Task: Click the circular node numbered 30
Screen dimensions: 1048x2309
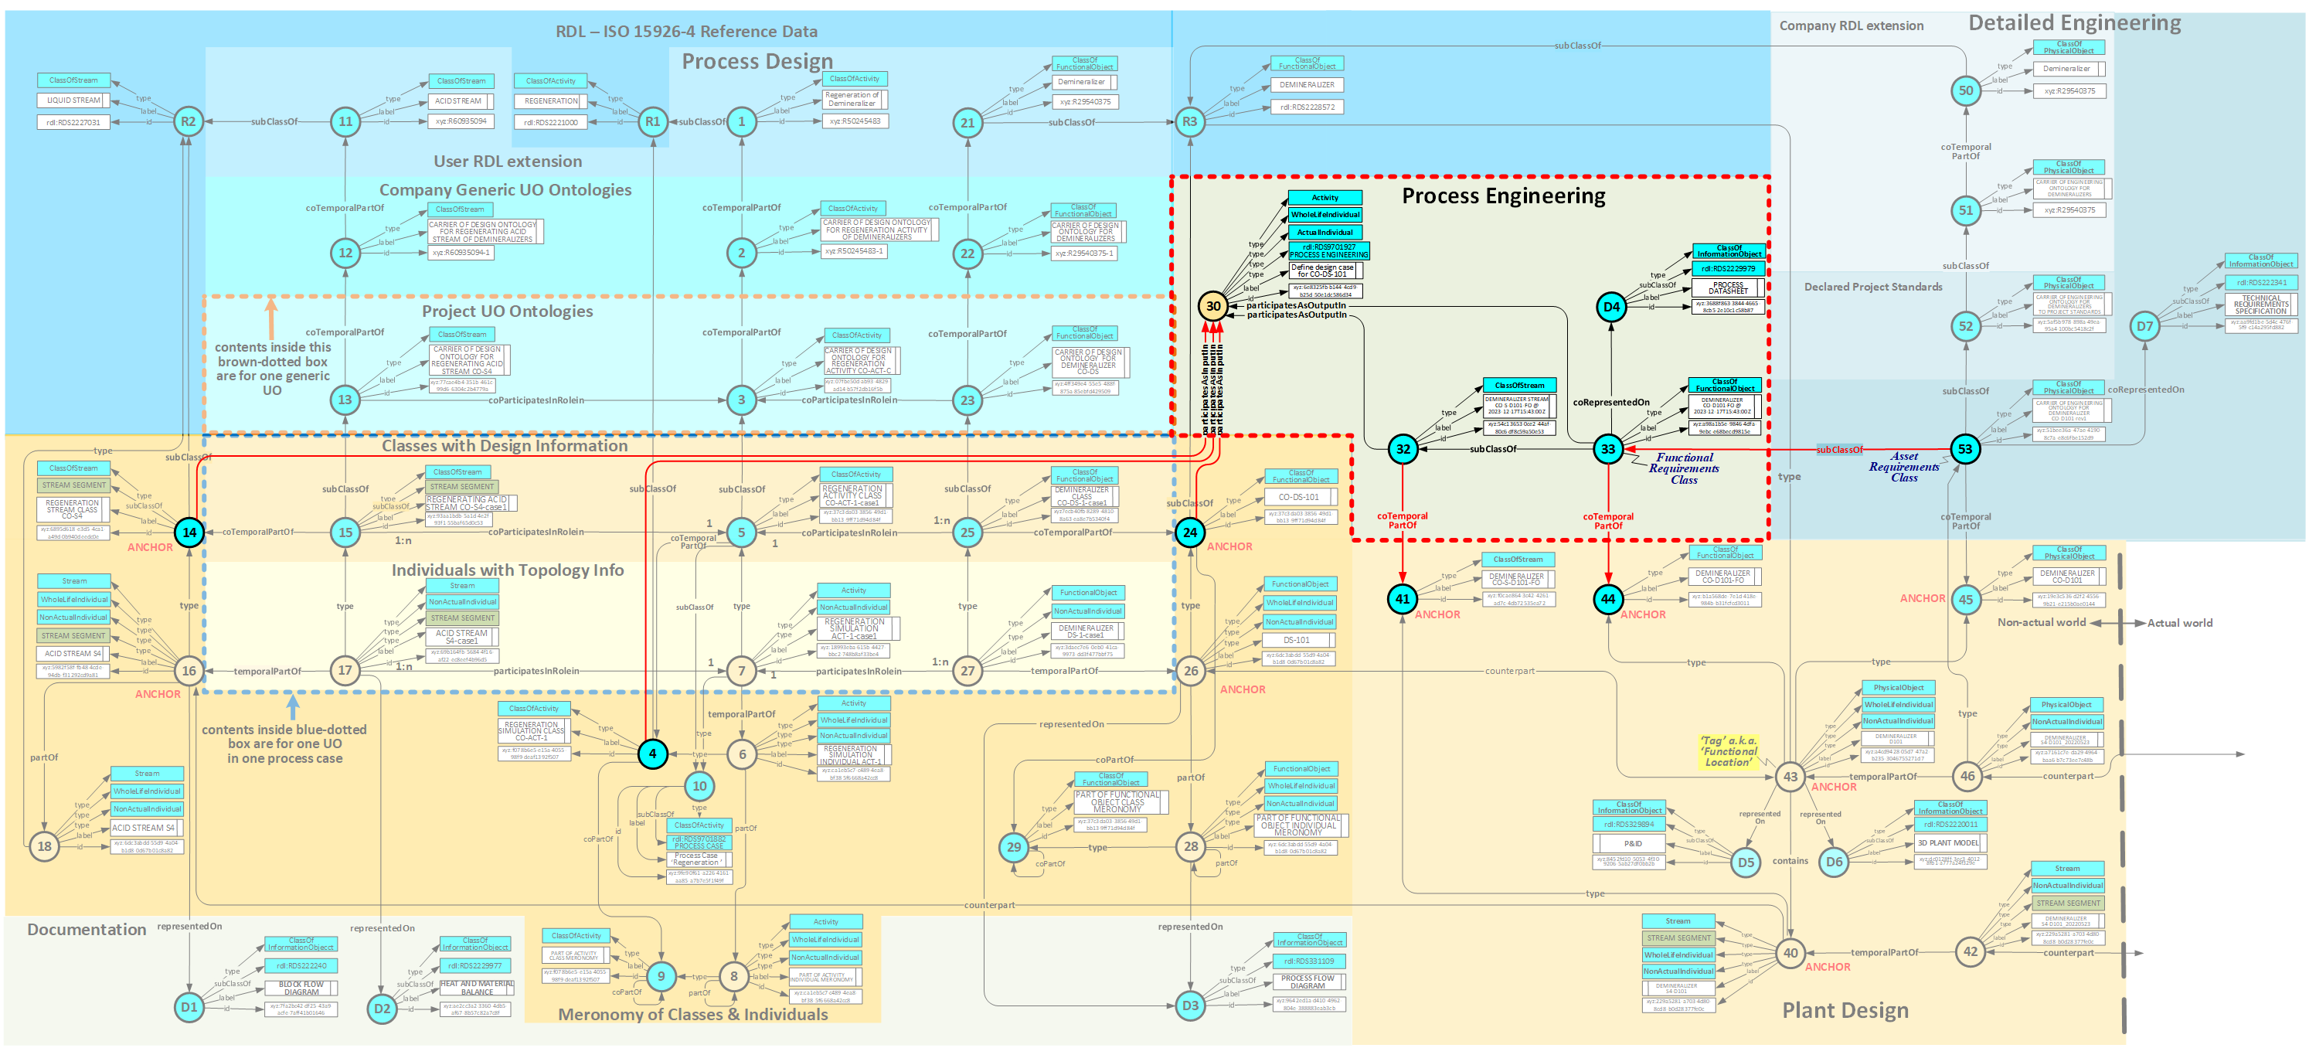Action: point(1212,306)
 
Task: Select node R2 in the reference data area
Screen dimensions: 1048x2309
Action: point(189,121)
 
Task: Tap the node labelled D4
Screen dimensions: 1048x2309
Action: point(1610,307)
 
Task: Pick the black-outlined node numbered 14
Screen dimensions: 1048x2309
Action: point(189,533)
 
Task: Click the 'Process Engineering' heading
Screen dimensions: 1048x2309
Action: point(1503,196)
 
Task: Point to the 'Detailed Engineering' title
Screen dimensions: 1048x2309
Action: point(2074,22)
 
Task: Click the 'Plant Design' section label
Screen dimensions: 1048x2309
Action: point(1845,1010)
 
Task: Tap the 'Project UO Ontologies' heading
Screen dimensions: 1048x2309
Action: point(508,311)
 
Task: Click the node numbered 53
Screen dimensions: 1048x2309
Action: point(1965,449)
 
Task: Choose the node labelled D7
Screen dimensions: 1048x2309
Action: point(2144,326)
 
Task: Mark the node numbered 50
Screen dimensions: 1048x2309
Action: point(1966,90)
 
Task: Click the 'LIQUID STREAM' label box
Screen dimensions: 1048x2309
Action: point(73,100)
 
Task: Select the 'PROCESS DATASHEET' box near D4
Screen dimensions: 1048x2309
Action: point(1727,288)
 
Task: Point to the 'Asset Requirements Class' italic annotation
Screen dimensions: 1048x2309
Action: point(1904,467)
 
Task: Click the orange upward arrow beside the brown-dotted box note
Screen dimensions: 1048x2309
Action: point(270,318)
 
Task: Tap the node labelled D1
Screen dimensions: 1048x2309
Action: point(189,1007)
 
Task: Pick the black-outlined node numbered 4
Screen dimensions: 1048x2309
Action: point(652,754)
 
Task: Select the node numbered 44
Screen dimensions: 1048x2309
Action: point(1608,599)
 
